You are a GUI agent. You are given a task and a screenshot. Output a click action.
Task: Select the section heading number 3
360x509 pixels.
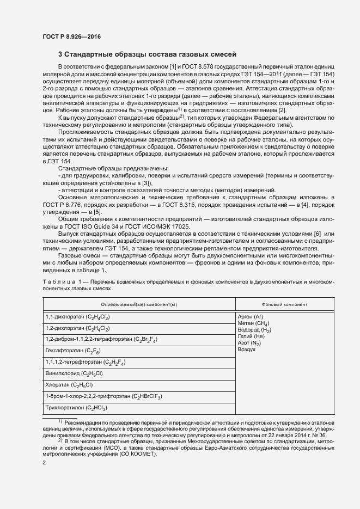pos(60,54)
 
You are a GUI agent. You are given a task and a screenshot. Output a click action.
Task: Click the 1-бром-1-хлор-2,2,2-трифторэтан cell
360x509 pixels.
pos(103,396)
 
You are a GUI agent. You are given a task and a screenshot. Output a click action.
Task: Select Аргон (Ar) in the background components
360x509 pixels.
pos(251,316)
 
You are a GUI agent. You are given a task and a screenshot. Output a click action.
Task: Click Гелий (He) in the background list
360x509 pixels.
pos(251,337)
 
